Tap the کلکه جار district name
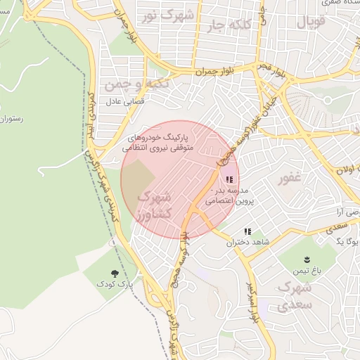(228, 26)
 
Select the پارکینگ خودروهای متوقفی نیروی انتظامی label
(164, 143)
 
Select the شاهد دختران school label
(242, 243)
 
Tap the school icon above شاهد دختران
(247, 231)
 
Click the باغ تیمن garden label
(307, 271)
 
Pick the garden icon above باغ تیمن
(307, 259)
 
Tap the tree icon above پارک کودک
(115, 273)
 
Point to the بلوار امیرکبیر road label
(252, 302)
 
